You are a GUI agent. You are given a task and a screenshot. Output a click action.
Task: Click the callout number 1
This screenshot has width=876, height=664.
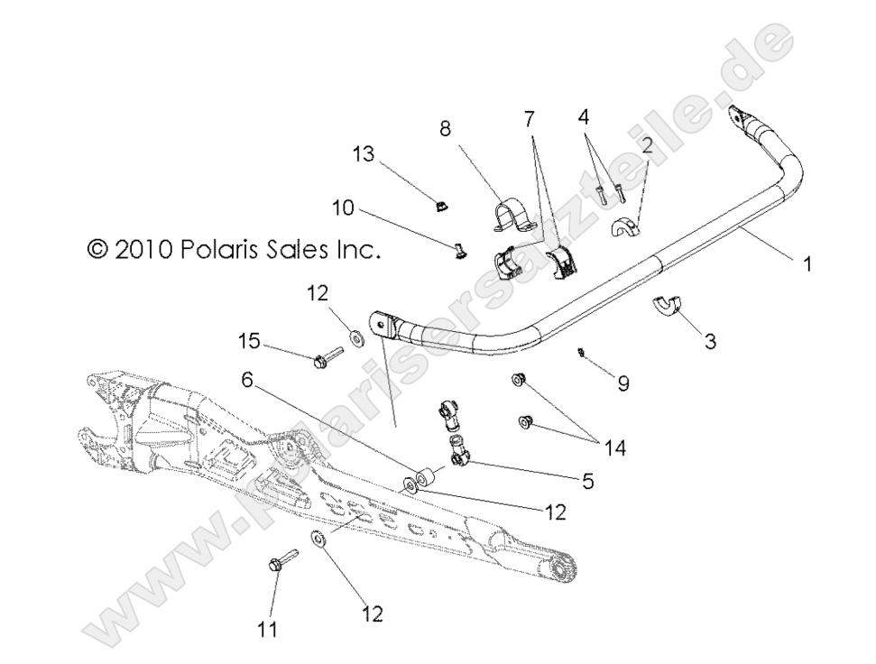click(807, 264)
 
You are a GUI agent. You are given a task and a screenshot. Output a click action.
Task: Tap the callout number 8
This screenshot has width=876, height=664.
click(445, 129)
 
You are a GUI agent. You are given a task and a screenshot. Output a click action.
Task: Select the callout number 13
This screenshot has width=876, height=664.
click(363, 155)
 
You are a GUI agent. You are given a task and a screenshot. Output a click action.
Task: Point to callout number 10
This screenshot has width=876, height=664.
click(343, 208)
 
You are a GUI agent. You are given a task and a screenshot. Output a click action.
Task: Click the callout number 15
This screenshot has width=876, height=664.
click(249, 341)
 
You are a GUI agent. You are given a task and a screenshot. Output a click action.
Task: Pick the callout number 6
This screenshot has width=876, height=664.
click(246, 380)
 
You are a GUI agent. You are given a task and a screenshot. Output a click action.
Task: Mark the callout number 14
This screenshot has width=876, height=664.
click(615, 447)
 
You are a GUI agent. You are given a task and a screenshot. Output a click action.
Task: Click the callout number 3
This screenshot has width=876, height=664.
click(711, 342)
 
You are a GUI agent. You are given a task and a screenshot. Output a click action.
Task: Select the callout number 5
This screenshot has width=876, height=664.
click(588, 482)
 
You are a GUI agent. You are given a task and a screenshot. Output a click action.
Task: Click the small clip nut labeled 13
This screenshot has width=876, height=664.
click(438, 207)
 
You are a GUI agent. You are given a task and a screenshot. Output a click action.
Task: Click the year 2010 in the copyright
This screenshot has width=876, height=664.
click(143, 249)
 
